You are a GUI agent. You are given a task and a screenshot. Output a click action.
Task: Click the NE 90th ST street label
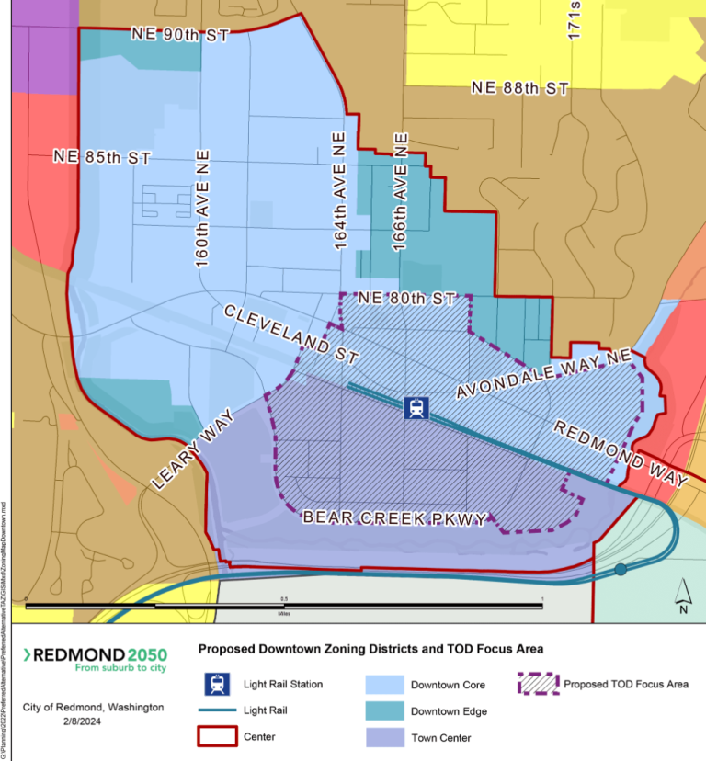pyautogui.click(x=178, y=34)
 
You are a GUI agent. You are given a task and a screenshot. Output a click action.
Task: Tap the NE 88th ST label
pyautogui.click(x=519, y=88)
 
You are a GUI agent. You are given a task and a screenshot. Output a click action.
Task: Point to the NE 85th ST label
pyautogui.click(x=101, y=157)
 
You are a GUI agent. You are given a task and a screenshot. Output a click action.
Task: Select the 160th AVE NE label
pyautogui.click(x=202, y=208)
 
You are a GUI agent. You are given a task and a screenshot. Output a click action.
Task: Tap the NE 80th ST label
pyautogui.click(x=406, y=299)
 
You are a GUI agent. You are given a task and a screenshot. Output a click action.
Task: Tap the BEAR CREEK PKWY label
pyautogui.click(x=394, y=519)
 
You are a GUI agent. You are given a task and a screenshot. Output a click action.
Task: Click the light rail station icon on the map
pyautogui.click(x=416, y=406)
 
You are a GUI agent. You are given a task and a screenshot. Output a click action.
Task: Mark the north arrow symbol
pyautogui.click(x=682, y=595)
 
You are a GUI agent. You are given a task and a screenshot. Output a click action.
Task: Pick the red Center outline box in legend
pyautogui.click(x=217, y=737)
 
